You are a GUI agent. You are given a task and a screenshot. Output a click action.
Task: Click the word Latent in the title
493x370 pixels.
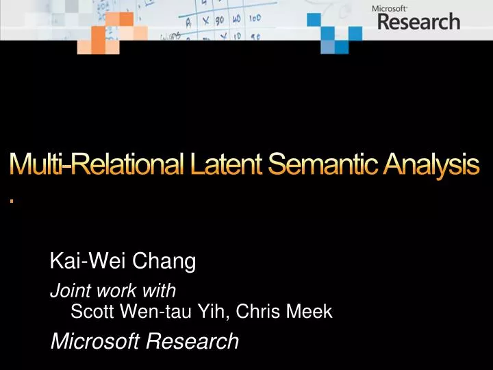pyautogui.click(x=225, y=164)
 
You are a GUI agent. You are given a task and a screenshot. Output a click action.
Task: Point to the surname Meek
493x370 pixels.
pyautogui.click(x=309, y=312)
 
